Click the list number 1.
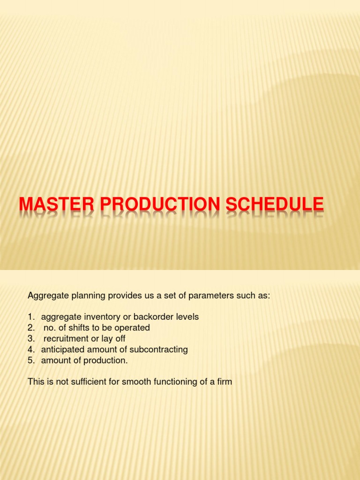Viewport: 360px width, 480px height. [x=30, y=317]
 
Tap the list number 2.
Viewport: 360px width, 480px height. [x=30, y=328]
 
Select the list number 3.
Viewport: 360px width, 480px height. [x=30, y=338]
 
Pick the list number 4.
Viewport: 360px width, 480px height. [x=30, y=349]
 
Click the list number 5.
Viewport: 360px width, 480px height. [x=30, y=360]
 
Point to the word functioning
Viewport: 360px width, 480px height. [x=172, y=382]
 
